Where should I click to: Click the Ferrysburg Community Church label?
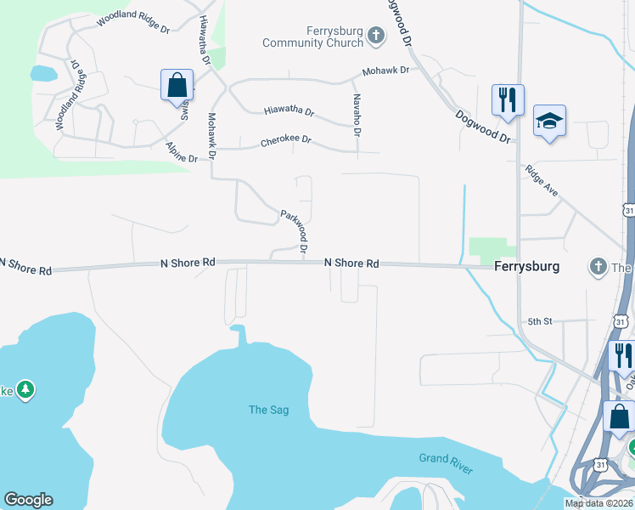click(x=313, y=37)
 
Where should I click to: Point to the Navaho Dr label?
click(x=357, y=115)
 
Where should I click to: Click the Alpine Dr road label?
click(x=182, y=152)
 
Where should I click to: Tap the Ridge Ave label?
click(x=542, y=180)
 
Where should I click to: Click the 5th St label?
click(x=540, y=321)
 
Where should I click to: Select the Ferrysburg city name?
click(x=526, y=266)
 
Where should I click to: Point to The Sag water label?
click(x=268, y=410)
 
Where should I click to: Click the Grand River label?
click(x=446, y=464)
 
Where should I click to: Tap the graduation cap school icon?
click(x=549, y=122)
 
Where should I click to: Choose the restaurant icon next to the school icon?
click(x=507, y=99)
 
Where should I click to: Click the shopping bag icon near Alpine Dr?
click(x=177, y=85)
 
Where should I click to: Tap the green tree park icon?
click(x=25, y=389)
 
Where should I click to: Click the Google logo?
click(x=28, y=500)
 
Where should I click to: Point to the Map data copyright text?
click(x=598, y=503)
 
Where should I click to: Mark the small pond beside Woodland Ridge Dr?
click(x=42, y=73)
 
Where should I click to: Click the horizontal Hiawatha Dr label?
click(x=289, y=111)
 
